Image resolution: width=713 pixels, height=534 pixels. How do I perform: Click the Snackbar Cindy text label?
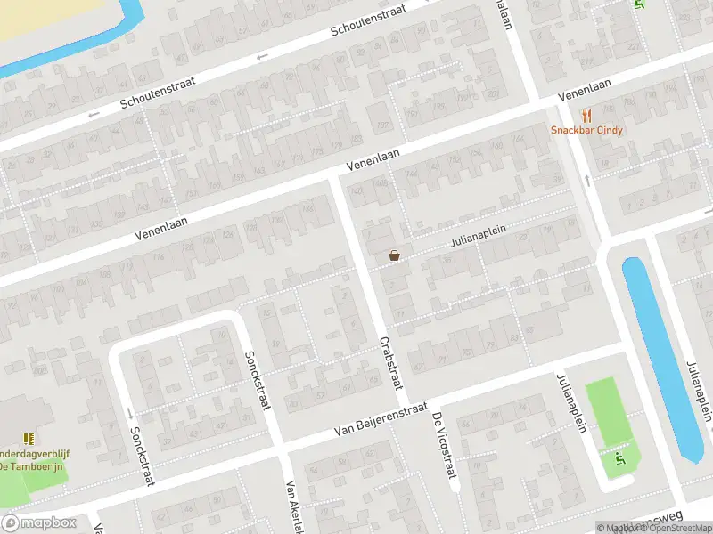click(586, 130)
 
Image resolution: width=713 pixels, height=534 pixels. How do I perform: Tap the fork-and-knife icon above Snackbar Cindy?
click(586, 115)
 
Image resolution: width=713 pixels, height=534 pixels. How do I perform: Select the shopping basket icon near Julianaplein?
click(394, 255)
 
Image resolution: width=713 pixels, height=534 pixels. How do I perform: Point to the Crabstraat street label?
click(391, 363)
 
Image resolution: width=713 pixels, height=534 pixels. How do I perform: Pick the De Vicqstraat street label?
click(445, 449)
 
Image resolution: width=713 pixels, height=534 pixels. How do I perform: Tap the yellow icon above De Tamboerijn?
click(29, 438)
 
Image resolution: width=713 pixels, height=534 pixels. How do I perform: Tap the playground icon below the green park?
click(620, 459)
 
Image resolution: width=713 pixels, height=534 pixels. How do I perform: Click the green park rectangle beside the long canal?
click(611, 412)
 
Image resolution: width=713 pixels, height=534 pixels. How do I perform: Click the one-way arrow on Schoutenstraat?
click(261, 58)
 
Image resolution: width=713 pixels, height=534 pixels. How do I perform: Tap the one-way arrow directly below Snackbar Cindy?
click(587, 181)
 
